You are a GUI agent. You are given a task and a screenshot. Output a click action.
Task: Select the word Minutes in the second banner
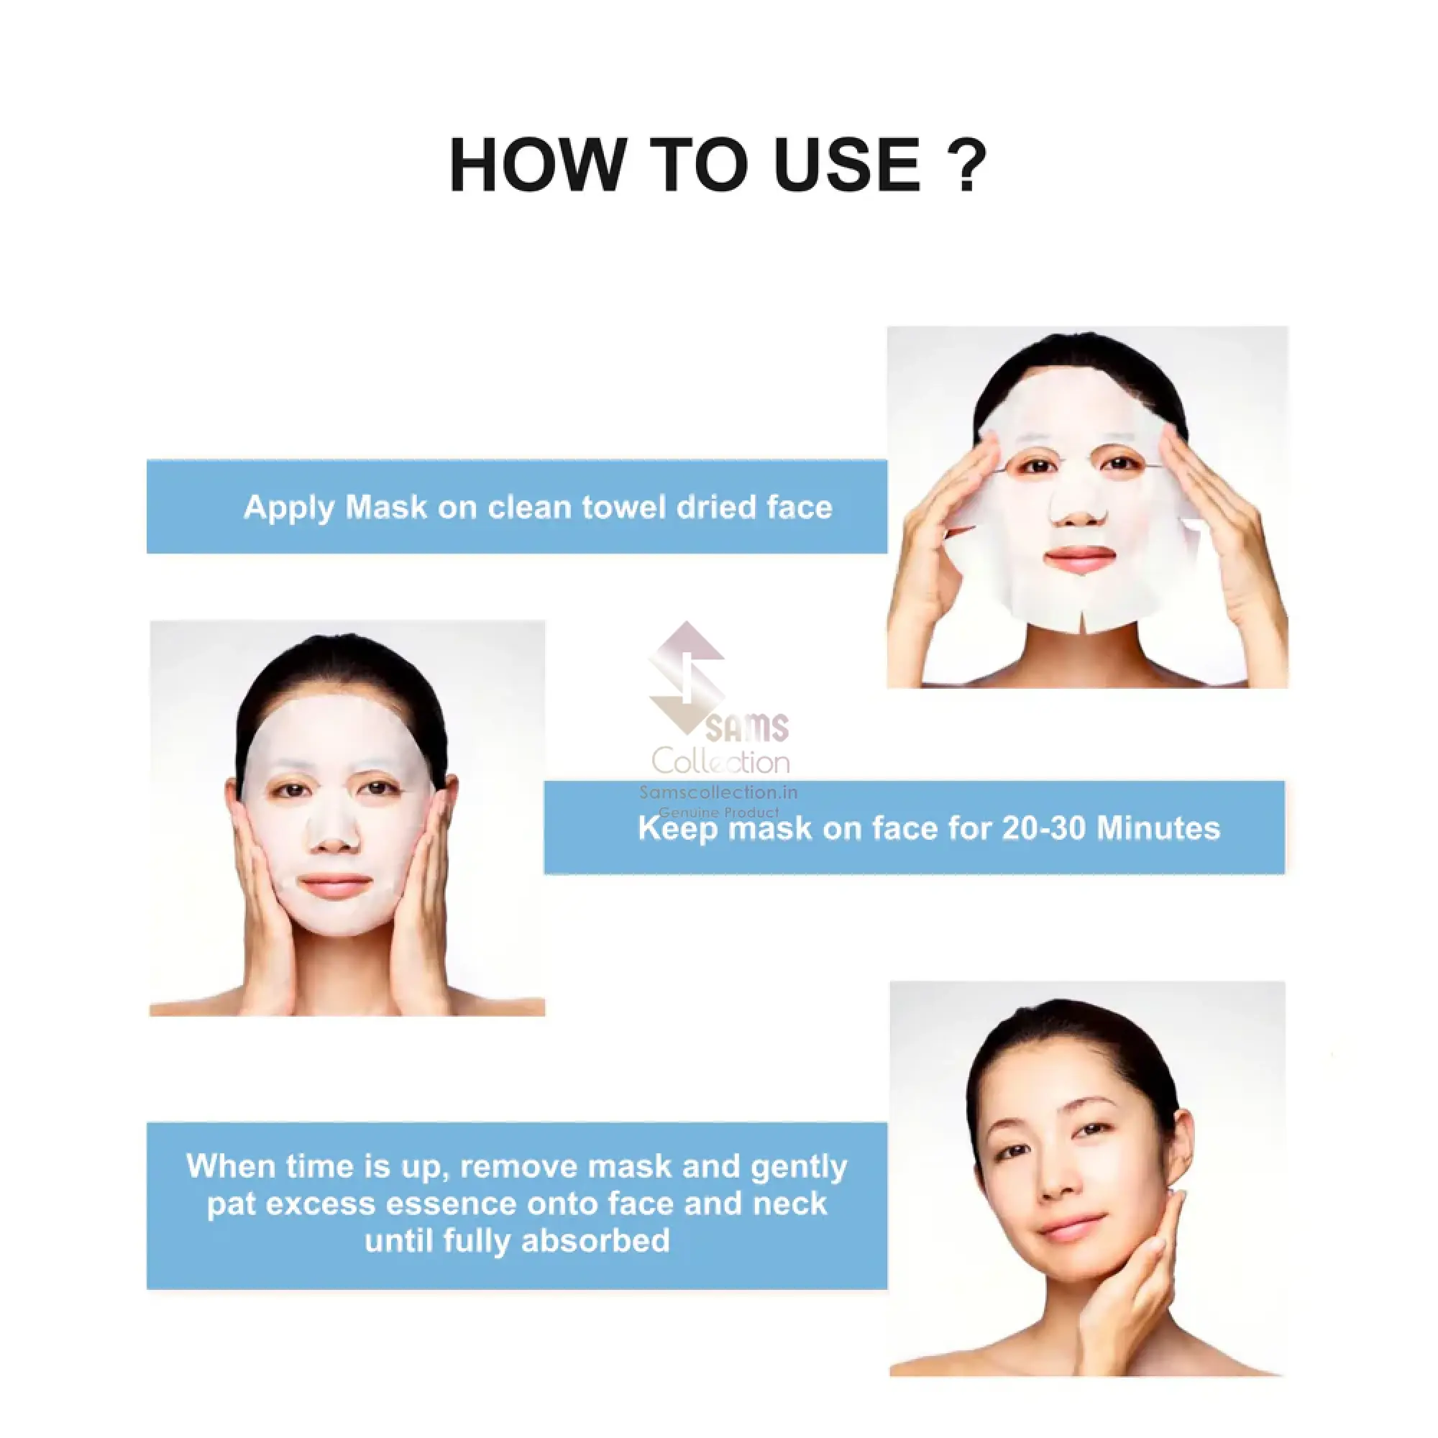tap(1158, 828)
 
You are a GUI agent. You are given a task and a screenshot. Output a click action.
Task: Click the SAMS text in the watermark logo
tap(746, 728)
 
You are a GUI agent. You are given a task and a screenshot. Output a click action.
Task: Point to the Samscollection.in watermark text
tap(718, 792)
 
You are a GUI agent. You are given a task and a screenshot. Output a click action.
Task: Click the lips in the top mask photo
tap(1081, 557)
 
